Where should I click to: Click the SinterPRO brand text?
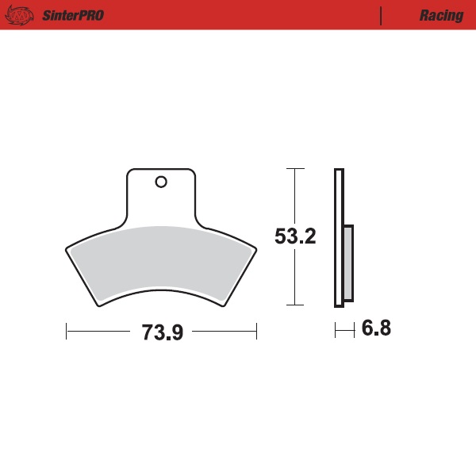tap(70, 16)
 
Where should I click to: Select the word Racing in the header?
tap(442, 16)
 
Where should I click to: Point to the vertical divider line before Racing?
tap(382, 16)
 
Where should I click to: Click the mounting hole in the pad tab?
tap(161, 182)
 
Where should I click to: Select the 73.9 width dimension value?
tap(162, 332)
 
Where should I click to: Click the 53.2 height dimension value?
tap(295, 236)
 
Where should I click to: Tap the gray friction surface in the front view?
tap(160, 262)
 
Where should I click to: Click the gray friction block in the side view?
tap(348, 262)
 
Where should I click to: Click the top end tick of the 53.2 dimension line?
tap(295, 169)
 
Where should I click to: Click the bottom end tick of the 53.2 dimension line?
tap(295, 305)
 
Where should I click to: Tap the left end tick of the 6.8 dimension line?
tap(336, 329)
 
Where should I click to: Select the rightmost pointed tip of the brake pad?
tap(258, 248)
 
